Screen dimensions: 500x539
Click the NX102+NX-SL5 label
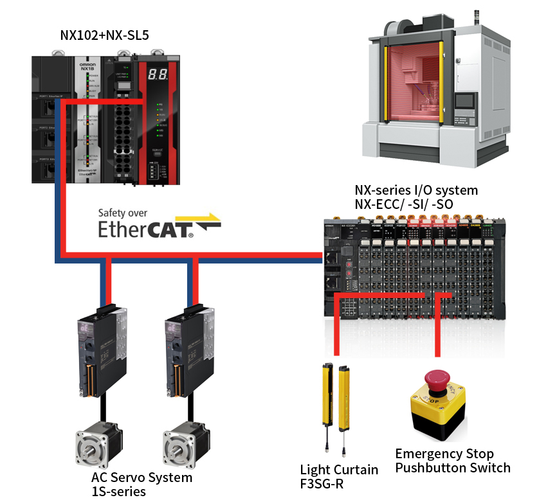(x=105, y=35)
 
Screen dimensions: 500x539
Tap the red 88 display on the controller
(x=158, y=74)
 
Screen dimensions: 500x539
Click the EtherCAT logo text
(x=145, y=229)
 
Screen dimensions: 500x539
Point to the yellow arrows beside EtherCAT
(x=206, y=221)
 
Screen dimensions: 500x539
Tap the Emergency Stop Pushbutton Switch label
(x=452, y=461)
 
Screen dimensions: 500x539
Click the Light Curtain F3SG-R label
(x=339, y=477)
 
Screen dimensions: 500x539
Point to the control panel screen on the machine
(x=464, y=101)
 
